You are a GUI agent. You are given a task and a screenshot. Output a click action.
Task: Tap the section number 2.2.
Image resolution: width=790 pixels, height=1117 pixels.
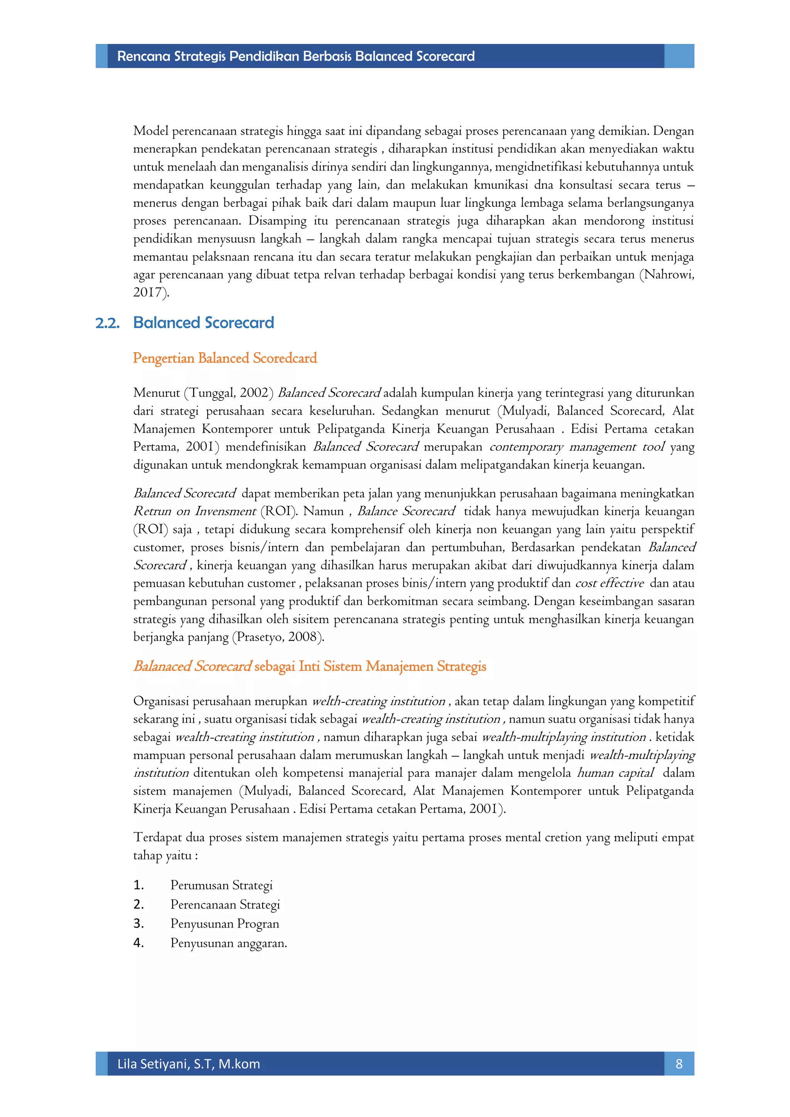[x=108, y=323]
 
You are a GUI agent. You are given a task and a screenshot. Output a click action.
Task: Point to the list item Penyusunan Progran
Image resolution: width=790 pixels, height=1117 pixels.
[x=224, y=923]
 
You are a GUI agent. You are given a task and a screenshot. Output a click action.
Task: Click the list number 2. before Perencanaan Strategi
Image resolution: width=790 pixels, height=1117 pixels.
[x=138, y=904]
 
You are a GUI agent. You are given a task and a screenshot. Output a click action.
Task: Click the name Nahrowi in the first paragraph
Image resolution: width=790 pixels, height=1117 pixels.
[x=668, y=275]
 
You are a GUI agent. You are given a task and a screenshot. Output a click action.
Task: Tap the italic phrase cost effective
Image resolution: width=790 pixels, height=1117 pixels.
[x=609, y=583]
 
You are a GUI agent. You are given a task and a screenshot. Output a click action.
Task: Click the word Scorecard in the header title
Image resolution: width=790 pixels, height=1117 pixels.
[x=445, y=56]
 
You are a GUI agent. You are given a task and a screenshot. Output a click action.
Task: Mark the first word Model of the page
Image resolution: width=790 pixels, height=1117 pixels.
[x=150, y=131]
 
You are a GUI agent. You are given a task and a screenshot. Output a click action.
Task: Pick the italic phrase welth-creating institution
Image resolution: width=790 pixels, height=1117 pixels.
[x=378, y=701]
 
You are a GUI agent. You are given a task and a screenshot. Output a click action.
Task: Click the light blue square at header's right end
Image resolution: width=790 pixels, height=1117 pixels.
[x=679, y=56]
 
